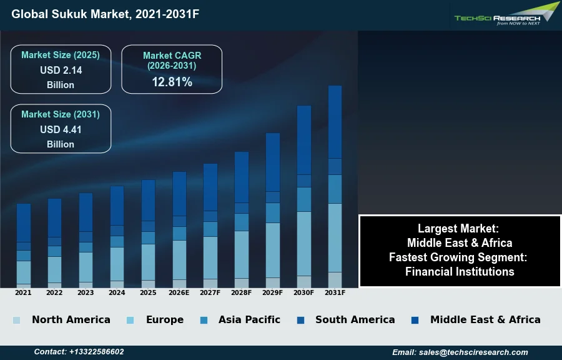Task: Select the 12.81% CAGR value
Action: click(172, 82)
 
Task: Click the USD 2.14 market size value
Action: click(61, 70)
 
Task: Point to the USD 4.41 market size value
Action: click(61, 130)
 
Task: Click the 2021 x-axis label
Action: click(23, 292)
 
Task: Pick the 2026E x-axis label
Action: click(179, 292)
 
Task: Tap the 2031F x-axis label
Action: click(335, 292)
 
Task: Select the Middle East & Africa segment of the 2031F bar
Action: click(335, 122)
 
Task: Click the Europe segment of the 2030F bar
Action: click(304, 244)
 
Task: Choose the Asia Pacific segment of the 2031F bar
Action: click(335, 189)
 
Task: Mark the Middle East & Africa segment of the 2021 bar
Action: click(24, 223)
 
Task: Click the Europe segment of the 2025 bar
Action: click(149, 262)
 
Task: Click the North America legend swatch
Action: click(16, 320)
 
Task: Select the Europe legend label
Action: click(165, 319)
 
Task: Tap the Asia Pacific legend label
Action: click(249, 319)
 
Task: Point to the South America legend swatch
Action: click(301, 320)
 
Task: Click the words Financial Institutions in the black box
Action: click(460, 272)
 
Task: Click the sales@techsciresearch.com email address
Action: click(473, 352)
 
